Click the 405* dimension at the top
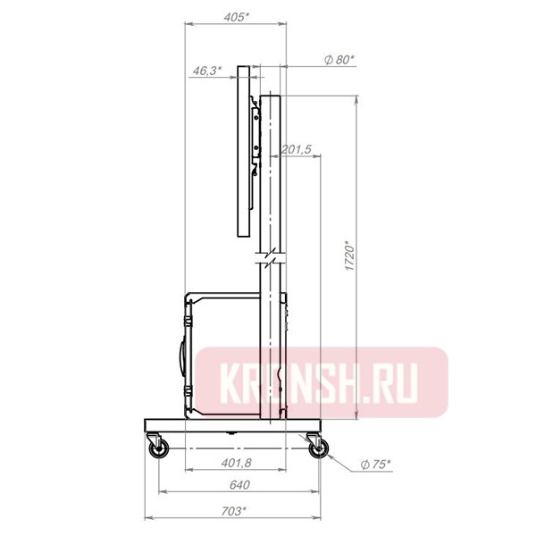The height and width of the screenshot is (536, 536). coord(235,17)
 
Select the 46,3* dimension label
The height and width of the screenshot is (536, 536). coord(206,72)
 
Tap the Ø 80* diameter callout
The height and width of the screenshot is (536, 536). coord(339,59)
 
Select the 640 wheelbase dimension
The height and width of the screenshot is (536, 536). coord(239,484)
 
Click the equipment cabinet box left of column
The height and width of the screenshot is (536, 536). coord(223,353)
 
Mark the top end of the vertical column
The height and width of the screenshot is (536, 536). coord(272,96)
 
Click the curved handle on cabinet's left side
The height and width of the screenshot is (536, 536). coord(181,356)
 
